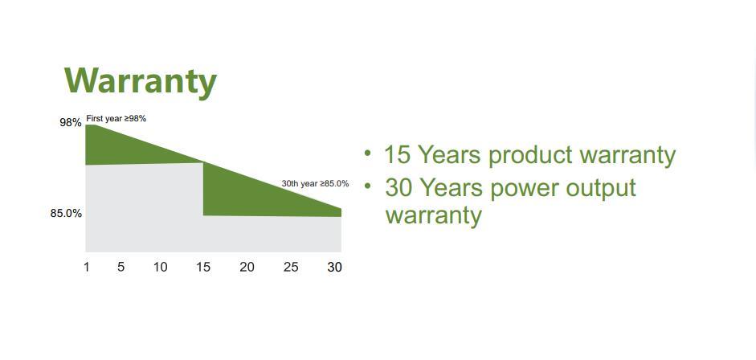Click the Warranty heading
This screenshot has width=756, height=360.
point(141,81)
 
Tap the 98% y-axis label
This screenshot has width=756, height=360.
point(71,122)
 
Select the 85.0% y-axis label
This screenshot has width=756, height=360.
point(66,213)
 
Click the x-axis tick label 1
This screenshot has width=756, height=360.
point(86,267)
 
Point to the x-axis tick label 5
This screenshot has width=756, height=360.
point(121,267)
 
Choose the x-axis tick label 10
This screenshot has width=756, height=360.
point(160,267)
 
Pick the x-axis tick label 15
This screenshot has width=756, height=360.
point(203,267)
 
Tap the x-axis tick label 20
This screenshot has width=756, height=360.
point(247,267)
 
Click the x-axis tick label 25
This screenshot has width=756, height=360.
point(291,267)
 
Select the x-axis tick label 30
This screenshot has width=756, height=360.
point(334,267)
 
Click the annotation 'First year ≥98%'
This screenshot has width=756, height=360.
point(116,119)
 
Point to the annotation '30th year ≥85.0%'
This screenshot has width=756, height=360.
point(315,183)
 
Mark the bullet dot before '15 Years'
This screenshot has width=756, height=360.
point(368,153)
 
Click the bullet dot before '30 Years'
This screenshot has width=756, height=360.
point(369,186)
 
